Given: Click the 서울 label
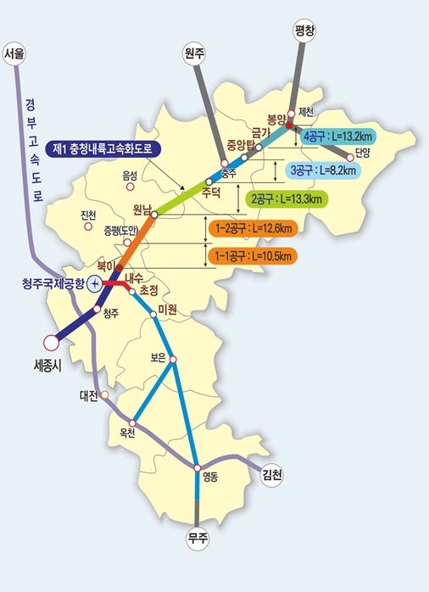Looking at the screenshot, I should click(16, 54).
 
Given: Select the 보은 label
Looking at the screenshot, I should click(157, 358).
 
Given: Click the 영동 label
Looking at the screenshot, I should click(209, 478).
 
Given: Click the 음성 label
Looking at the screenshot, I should click(129, 176).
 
